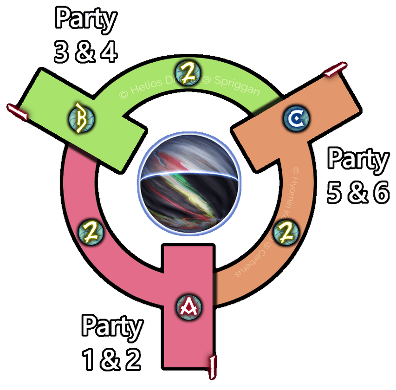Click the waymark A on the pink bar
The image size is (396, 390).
pyautogui.click(x=189, y=306)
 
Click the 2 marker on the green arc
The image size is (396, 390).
pyautogui.click(x=188, y=74)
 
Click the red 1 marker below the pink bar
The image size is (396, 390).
pyautogui.click(x=213, y=366)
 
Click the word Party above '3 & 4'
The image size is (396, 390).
pyautogui.click(x=85, y=19)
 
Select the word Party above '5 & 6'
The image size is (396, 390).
pyautogui.click(x=357, y=160)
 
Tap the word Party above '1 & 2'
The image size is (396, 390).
pyautogui.click(x=112, y=327)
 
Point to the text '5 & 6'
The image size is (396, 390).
pyautogui.click(x=357, y=193)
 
